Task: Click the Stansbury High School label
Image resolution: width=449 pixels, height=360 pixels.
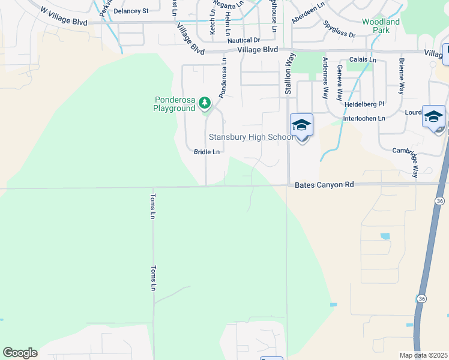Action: click(251, 137)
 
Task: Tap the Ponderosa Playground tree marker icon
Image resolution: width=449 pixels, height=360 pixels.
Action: click(205, 103)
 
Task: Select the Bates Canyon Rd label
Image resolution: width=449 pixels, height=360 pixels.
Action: click(325, 186)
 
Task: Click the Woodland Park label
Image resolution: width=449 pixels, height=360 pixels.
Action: click(381, 26)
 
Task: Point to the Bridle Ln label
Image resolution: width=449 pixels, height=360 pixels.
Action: click(206, 152)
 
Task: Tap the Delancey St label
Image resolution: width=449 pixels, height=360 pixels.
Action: click(131, 11)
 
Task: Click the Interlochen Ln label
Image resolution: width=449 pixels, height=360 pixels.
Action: click(364, 119)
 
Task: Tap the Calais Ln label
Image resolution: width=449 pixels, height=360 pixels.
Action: click(363, 60)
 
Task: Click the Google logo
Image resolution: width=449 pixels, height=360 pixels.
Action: click(20, 353)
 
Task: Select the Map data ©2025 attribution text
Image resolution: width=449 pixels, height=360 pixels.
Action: click(423, 355)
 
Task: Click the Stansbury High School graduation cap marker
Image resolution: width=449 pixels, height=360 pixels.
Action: click(301, 125)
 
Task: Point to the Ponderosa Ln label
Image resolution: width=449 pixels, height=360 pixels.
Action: click(223, 78)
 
